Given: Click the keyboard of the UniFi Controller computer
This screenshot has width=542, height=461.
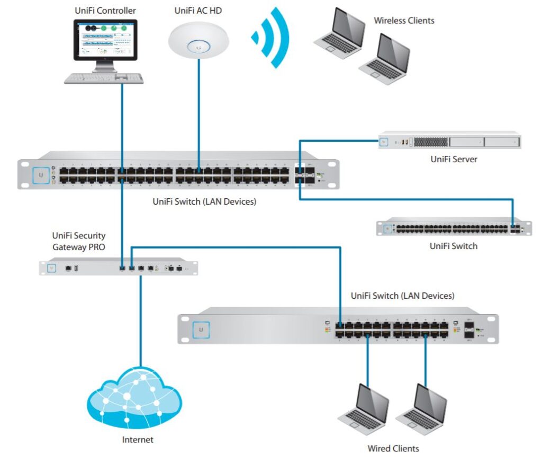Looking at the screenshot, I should [x=104, y=78].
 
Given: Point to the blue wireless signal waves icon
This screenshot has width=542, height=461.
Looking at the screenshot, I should [x=273, y=37].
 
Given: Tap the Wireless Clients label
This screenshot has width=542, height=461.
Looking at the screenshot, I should [x=404, y=21].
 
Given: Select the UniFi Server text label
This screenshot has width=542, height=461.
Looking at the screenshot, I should [x=454, y=159].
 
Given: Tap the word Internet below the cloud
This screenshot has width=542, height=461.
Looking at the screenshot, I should [x=138, y=439].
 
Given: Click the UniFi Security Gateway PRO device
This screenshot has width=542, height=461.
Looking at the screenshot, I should [x=119, y=268].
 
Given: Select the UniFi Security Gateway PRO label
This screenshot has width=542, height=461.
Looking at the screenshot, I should [x=78, y=241].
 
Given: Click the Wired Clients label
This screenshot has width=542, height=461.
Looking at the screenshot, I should [x=393, y=448].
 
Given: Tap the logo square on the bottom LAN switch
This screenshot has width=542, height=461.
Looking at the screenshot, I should [x=201, y=329].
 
